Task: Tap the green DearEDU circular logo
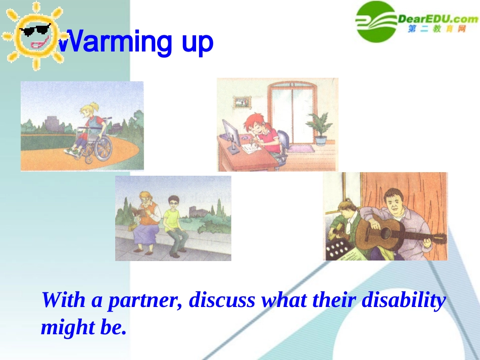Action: [376, 21]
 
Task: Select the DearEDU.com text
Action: [438, 19]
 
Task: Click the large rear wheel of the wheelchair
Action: [103, 148]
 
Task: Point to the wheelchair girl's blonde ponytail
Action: [95, 107]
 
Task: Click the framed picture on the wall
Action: [242, 102]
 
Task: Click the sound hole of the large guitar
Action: [386, 234]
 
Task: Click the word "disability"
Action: [404, 300]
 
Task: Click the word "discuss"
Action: [222, 300]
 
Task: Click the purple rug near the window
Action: [301, 149]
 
